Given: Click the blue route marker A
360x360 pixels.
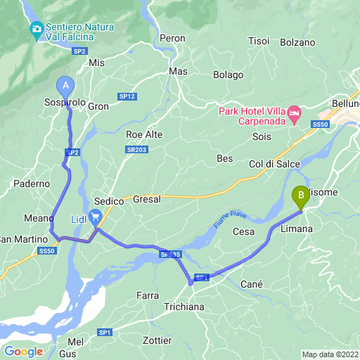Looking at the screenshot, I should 66,86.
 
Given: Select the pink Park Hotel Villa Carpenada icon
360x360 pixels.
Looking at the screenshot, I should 295,113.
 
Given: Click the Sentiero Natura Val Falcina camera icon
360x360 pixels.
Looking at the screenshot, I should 36,30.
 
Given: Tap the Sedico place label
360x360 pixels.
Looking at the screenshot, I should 109,201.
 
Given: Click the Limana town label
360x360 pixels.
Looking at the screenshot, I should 297,229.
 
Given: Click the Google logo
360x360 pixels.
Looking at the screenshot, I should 23,352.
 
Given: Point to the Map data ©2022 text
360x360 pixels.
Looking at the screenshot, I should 330,354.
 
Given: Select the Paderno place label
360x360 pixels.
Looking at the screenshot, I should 31,184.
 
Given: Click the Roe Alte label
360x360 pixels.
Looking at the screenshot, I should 144,134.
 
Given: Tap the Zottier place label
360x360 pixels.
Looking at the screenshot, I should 156,340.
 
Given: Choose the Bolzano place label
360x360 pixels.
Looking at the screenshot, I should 297,42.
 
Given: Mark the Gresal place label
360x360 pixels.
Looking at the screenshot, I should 146,199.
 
